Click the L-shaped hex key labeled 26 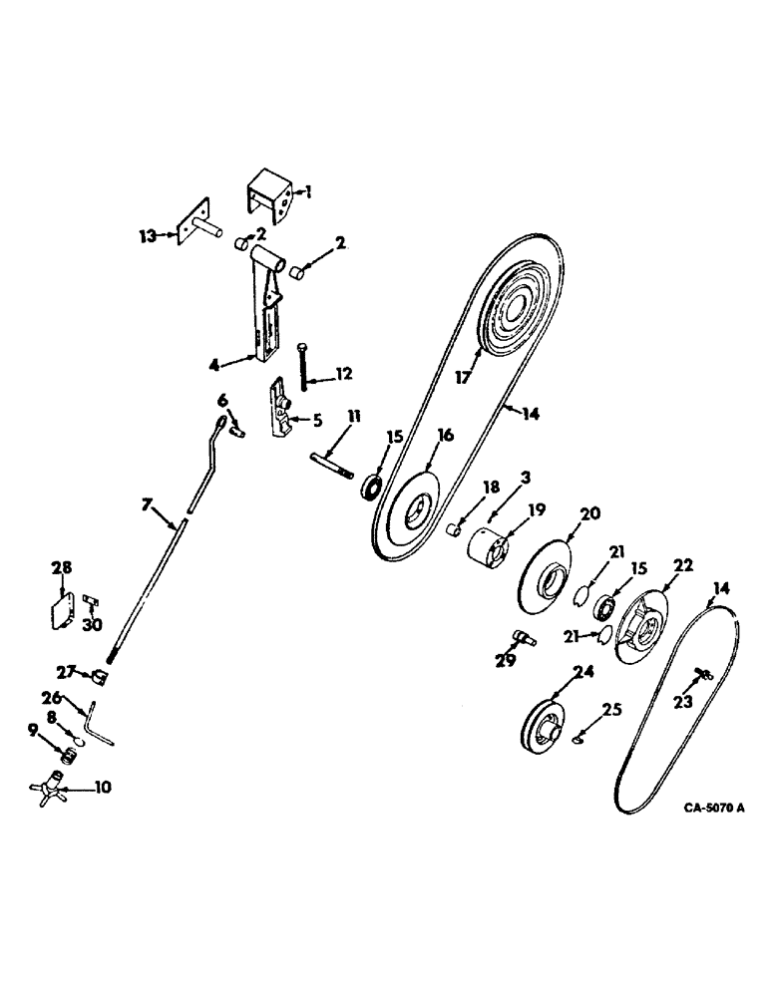[98, 724]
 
